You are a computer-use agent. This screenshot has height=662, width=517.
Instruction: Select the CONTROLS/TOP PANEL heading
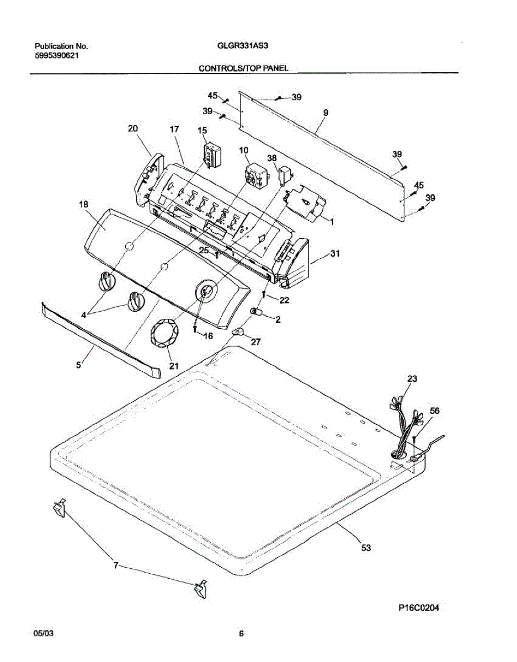coord(243,68)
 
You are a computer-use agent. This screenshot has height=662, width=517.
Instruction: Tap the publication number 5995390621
coord(56,55)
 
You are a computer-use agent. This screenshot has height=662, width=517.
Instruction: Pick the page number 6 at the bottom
coord(241,634)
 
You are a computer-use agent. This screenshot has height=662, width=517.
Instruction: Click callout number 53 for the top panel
coord(366,548)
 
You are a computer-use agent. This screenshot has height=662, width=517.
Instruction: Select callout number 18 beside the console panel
coord(83,204)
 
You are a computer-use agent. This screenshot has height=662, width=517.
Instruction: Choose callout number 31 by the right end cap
coord(335,254)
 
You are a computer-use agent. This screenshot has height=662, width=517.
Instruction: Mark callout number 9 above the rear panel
coord(326,113)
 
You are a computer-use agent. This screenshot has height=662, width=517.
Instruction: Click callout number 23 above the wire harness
coord(412,379)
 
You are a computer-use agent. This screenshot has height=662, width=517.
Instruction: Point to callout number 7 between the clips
coord(116,565)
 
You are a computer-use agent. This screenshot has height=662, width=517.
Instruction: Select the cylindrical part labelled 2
coord(257,314)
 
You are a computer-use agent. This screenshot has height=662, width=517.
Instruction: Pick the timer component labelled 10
coord(256,173)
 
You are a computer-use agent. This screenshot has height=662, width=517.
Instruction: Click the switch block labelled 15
coord(211,154)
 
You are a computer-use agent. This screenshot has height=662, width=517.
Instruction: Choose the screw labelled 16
coord(195,329)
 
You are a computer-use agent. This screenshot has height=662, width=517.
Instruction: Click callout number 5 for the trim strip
coord(79,364)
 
